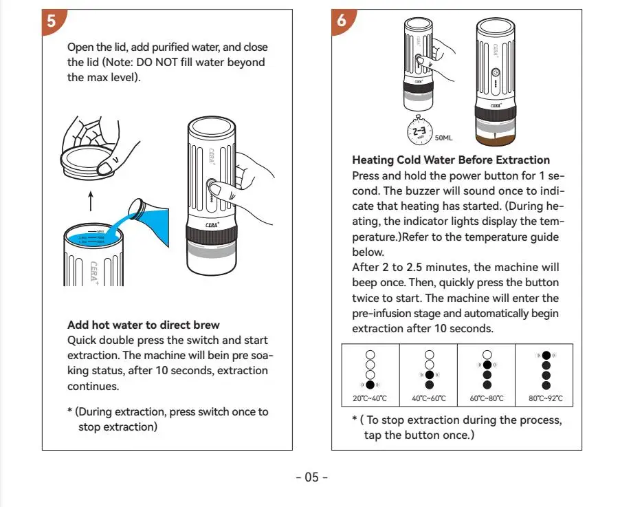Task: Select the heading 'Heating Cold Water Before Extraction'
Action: coord(451,160)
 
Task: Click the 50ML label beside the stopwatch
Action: coord(444,138)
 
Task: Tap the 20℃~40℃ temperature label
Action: coord(370,398)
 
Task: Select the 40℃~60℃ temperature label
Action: coord(429,398)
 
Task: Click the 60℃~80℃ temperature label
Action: coord(487,398)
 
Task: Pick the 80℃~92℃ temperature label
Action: coord(545,398)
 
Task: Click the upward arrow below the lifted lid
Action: coord(90,201)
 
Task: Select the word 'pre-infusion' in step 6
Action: coord(384,313)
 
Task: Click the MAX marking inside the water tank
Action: coord(100,231)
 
